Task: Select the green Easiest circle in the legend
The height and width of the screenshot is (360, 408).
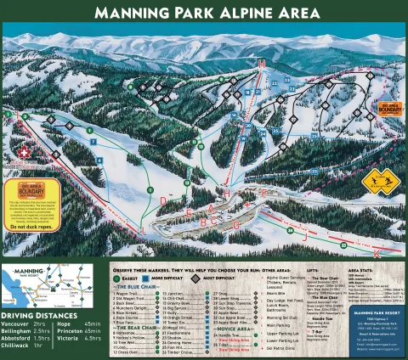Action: (x=116, y=277)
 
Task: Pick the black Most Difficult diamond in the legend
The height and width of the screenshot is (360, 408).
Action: (x=195, y=277)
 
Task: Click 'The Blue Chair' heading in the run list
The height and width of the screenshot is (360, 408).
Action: (x=138, y=286)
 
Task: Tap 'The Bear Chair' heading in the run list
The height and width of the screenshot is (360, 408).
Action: (x=138, y=325)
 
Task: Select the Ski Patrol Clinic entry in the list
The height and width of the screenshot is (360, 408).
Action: (x=287, y=349)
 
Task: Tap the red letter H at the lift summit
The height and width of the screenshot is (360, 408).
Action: (x=262, y=65)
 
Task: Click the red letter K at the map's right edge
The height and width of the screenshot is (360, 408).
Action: (x=377, y=253)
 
